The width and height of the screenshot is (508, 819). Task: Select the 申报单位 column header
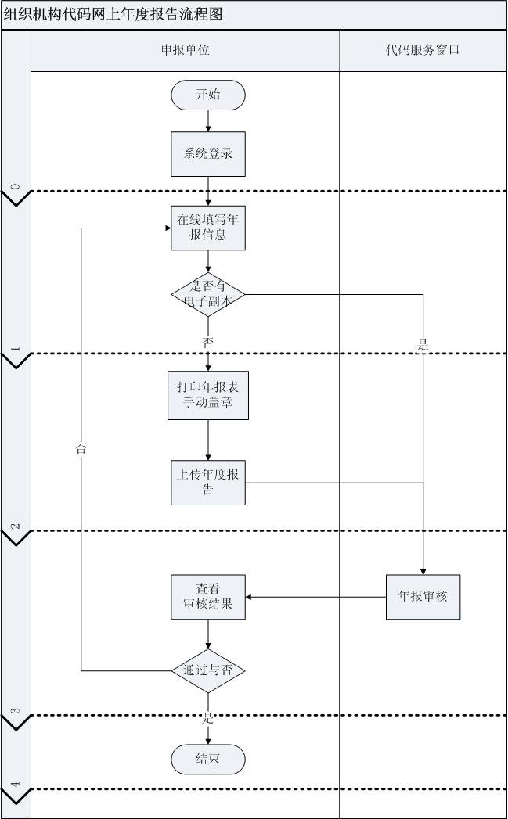[185, 50]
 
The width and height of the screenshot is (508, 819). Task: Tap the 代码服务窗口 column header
[423, 50]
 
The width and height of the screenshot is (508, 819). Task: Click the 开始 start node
[208, 95]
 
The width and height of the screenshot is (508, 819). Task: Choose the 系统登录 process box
[208, 153]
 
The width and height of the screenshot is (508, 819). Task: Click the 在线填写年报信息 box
[208, 227]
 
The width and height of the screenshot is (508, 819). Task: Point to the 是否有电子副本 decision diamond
[208, 295]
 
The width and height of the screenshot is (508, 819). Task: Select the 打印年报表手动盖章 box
[208, 395]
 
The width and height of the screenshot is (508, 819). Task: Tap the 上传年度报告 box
[208, 483]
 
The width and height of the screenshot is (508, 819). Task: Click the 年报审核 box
[423, 598]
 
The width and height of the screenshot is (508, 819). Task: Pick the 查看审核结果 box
[208, 598]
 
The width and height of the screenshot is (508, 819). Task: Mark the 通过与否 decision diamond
[208, 670]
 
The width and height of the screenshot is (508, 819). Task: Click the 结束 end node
[208, 759]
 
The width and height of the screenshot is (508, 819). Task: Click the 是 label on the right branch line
[423, 345]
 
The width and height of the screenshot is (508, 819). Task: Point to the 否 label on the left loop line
[81, 448]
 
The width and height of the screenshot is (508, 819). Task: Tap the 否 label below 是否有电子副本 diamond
[208, 343]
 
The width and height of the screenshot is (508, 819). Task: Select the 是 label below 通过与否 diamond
[208, 717]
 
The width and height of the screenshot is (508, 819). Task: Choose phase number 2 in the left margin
[16, 526]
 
